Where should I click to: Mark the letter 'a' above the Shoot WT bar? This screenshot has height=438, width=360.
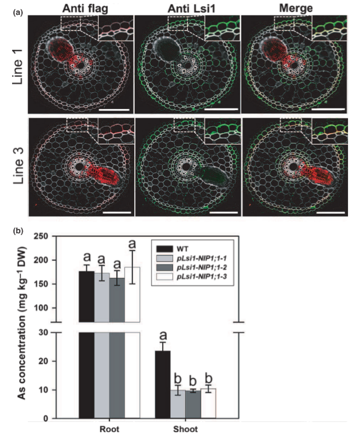coord(163,336)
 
